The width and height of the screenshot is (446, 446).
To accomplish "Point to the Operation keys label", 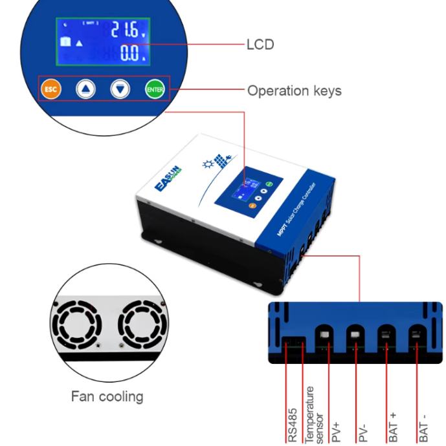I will [x=294, y=91].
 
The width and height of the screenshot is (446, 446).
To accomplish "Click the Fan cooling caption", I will [x=107, y=396].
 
